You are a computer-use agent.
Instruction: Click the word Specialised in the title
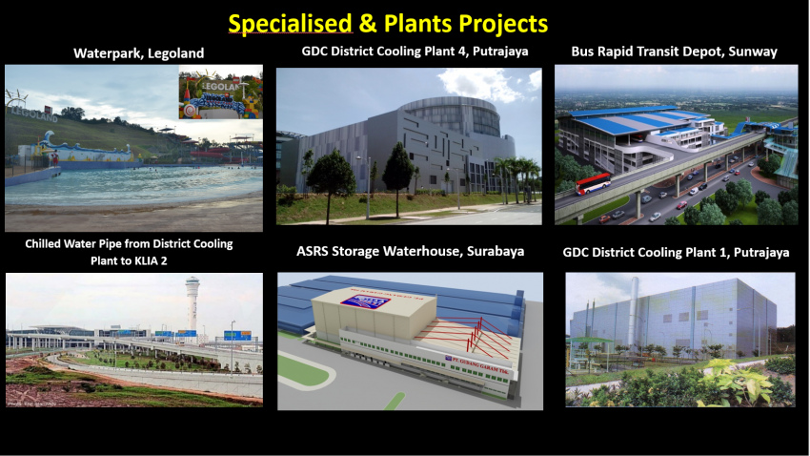click(x=290, y=24)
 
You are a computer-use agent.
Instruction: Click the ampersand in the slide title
click(x=368, y=24)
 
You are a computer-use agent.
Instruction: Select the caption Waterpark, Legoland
click(x=138, y=53)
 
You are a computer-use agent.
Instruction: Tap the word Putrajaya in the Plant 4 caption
click(x=500, y=52)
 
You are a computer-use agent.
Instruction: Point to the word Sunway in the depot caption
click(x=753, y=52)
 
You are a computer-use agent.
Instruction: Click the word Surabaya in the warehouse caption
click(x=496, y=251)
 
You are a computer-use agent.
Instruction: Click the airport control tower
click(x=192, y=302)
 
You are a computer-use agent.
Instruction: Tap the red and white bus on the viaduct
click(x=593, y=183)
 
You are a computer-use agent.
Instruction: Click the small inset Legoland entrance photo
click(x=220, y=92)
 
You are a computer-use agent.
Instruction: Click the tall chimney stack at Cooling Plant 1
click(x=634, y=310)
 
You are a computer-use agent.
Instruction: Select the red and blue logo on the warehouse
click(x=362, y=301)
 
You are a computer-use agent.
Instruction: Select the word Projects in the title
click(x=503, y=24)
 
